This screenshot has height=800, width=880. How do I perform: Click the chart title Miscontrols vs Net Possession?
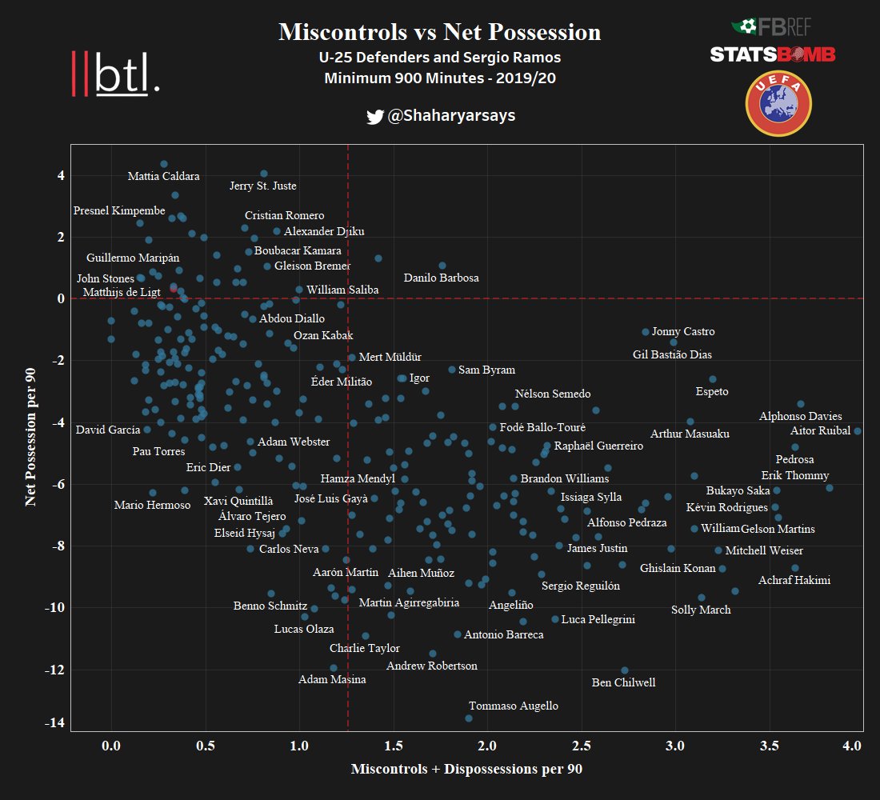(439, 32)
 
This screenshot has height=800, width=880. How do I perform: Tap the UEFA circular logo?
(778, 103)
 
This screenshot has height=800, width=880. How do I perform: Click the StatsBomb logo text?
(773, 54)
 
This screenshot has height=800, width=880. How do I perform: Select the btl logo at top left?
(116, 74)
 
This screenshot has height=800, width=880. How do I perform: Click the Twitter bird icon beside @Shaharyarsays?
(374, 117)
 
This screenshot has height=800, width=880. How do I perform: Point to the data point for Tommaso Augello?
(469, 718)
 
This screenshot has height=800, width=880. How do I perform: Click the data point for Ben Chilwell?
(625, 670)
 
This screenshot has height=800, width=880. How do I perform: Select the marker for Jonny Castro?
(646, 332)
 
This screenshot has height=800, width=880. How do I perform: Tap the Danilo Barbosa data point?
(442, 266)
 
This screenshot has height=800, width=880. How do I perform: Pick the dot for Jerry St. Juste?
(264, 174)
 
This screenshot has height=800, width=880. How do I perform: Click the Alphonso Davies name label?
(800, 416)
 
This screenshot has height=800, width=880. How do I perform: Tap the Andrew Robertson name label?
(432, 666)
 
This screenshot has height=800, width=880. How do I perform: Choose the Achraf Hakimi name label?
(794, 580)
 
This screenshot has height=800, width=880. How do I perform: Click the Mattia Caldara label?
(164, 176)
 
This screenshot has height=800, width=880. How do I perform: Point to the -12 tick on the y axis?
(53, 669)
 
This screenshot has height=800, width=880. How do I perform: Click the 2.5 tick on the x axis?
(582, 746)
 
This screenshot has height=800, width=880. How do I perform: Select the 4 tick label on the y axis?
(61, 175)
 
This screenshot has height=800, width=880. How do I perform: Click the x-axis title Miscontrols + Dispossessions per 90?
(466, 770)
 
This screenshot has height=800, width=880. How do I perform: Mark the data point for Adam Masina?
(334, 668)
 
